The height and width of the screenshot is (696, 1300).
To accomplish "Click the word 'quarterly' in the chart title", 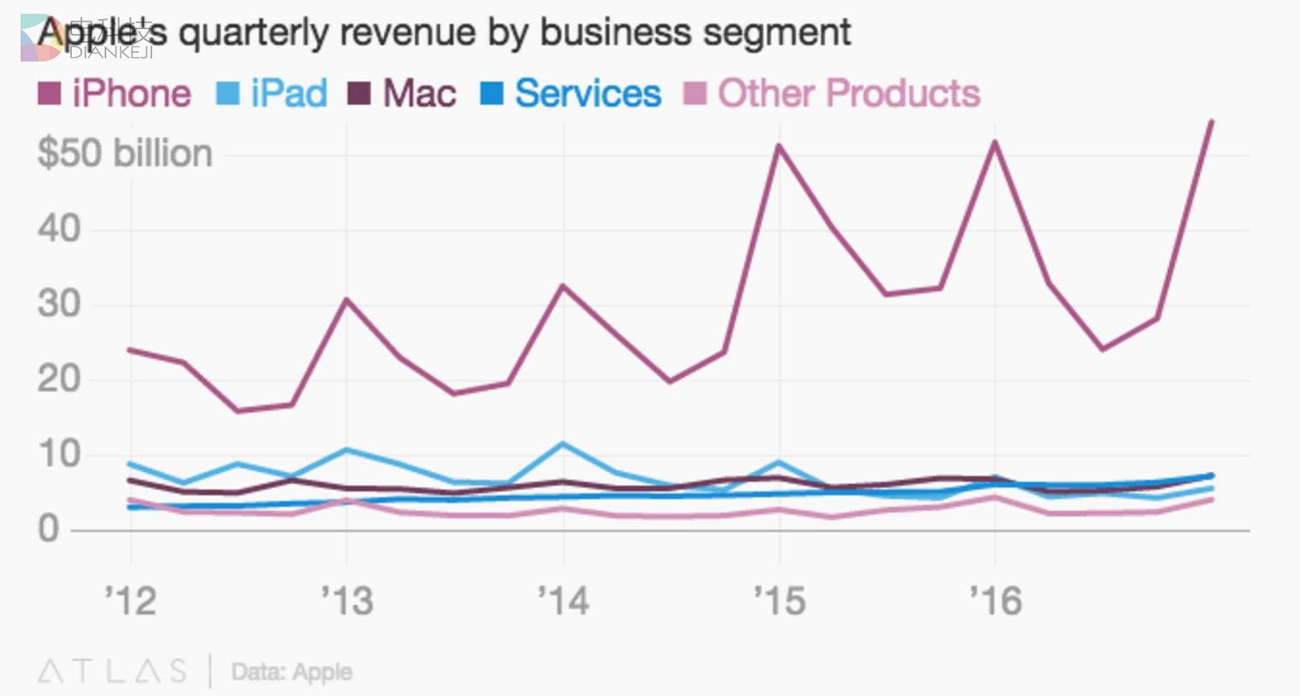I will [x=252, y=32].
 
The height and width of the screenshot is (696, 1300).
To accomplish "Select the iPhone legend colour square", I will [x=49, y=93].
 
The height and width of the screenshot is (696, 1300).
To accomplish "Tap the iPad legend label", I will [x=288, y=93].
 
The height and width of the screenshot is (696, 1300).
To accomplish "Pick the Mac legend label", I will [x=419, y=93].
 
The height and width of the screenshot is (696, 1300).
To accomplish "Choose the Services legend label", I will [x=588, y=93].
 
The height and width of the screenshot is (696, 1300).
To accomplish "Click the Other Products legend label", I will [x=848, y=93].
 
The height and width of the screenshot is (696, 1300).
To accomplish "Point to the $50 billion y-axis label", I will [x=125, y=154].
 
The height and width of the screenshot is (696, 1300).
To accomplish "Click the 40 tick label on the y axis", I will [x=59, y=229].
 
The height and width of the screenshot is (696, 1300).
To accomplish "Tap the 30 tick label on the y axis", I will [x=59, y=304].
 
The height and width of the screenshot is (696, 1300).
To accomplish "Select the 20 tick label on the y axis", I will [x=59, y=379].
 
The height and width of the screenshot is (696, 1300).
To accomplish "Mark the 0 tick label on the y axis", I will [x=49, y=529].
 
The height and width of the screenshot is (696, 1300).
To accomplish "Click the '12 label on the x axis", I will [x=131, y=601].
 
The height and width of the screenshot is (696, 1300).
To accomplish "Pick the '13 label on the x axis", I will [x=347, y=601].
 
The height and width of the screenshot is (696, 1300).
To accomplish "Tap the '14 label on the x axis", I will [x=564, y=601].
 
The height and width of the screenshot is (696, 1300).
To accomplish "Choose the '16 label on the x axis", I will [x=996, y=601].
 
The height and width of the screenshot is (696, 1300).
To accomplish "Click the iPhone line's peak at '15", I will [x=779, y=146].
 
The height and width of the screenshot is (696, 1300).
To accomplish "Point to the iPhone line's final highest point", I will [x=1211, y=122].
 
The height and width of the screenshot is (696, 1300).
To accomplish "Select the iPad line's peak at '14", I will [x=563, y=444].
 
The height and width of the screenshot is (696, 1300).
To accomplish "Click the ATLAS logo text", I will [x=112, y=671].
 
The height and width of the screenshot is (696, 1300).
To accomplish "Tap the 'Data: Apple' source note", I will [x=292, y=672].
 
